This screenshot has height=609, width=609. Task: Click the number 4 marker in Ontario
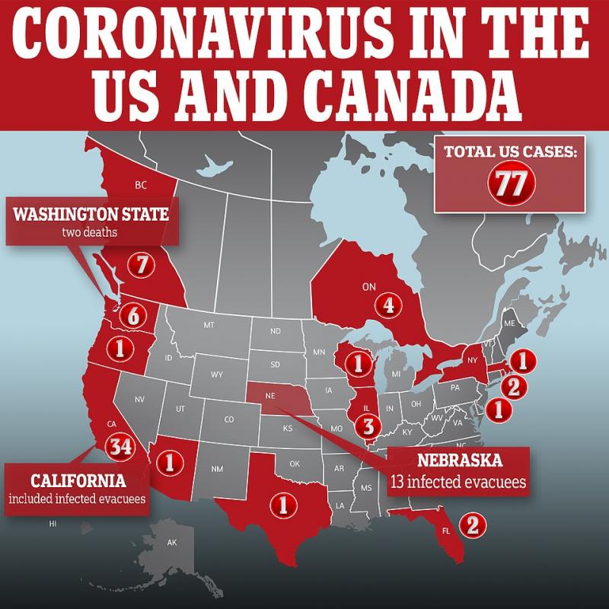tap(388, 306)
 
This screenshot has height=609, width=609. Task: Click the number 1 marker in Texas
tap(285, 503)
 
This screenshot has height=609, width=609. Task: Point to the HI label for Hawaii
tap(53, 524)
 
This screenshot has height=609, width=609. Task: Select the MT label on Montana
tap(208, 325)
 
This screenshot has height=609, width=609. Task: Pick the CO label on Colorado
tap(229, 419)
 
